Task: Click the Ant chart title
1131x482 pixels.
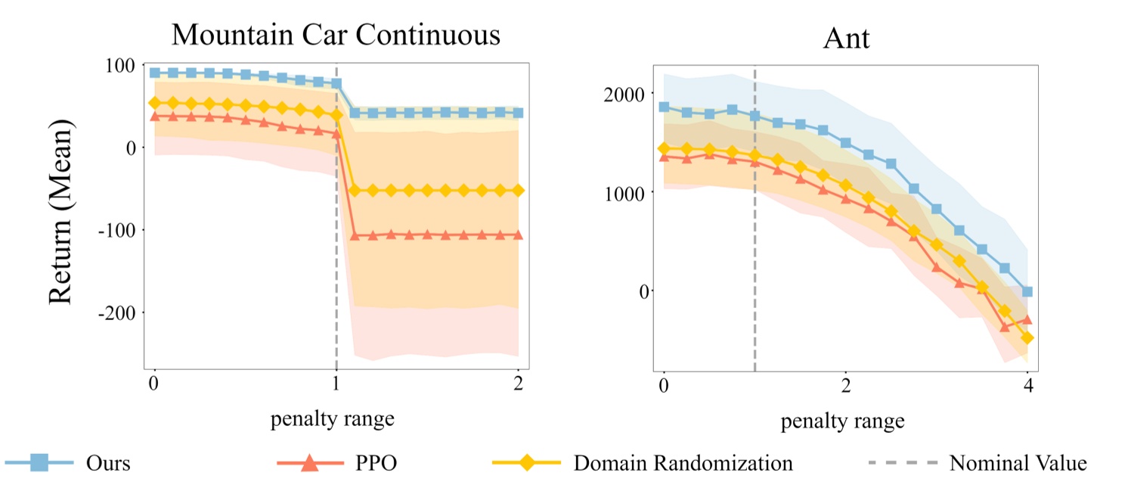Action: [x=846, y=38]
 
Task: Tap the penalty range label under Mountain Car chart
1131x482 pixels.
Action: [x=333, y=418]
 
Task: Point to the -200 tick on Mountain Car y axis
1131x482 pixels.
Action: [x=117, y=313]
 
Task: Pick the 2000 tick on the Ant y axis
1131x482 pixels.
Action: [x=626, y=94]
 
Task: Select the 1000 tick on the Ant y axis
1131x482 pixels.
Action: [x=626, y=192]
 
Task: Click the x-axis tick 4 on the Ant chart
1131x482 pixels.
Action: [x=1027, y=386]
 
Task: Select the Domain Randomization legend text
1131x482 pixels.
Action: [x=683, y=462]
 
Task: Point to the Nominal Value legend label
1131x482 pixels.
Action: [x=1018, y=462]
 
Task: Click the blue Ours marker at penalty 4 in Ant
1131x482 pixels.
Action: [x=1027, y=291]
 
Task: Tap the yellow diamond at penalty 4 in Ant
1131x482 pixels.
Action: [x=1027, y=337]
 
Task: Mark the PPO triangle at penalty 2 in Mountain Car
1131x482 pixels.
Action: [x=518, y=235]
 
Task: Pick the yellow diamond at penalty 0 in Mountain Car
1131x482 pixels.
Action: [x=155, y=103]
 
